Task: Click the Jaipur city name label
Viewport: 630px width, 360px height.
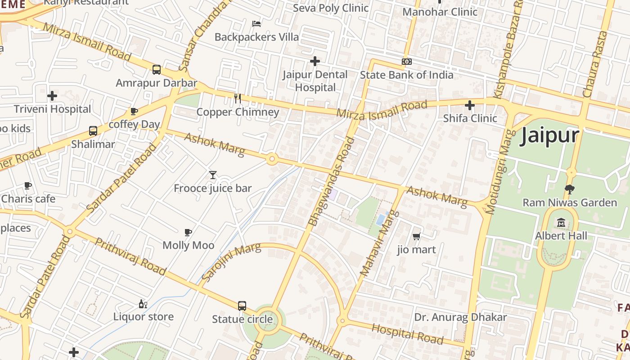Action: (549, 135)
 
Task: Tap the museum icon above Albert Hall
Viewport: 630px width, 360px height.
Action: (561, 222)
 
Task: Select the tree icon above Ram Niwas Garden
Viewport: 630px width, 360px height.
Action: (569, 189)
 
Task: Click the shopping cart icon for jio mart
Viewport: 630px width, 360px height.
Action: (417, 236)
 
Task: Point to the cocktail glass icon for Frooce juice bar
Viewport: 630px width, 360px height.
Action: (213, 175)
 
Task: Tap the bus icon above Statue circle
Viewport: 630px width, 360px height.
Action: (242, 306)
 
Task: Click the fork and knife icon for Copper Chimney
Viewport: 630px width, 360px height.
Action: (238, 98)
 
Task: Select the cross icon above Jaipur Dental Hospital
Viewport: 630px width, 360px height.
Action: (315, 61)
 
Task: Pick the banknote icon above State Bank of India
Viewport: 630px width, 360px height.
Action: (406, 62)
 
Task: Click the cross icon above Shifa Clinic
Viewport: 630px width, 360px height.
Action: (470, 105)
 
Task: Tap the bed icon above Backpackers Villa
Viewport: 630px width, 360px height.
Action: (256, 23)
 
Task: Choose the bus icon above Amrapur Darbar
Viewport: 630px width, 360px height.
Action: (157, 70)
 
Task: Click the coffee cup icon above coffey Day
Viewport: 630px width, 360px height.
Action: (134, 111)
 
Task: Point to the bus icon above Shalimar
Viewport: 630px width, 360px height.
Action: (93, 131)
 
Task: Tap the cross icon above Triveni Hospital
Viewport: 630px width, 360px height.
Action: (52, 96)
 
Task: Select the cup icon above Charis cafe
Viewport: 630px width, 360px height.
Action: (28, 185)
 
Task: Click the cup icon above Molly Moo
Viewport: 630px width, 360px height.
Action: (188, 232)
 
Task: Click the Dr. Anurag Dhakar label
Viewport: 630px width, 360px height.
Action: (460, 317)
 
